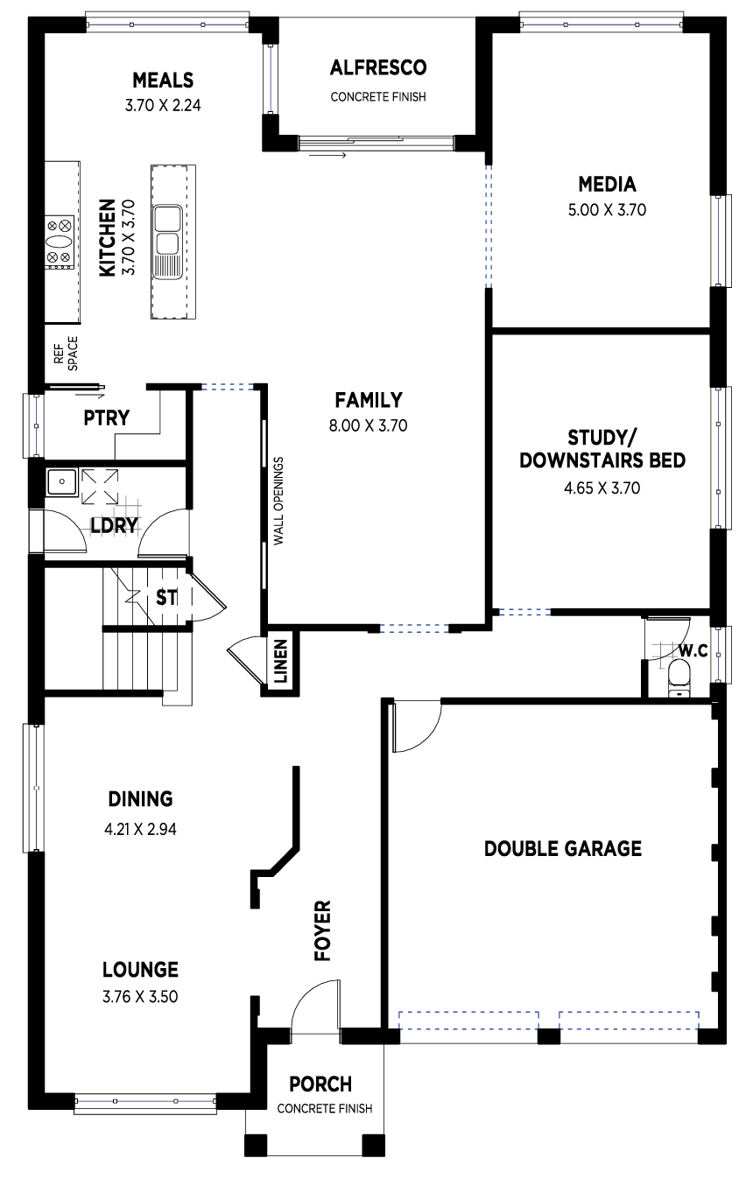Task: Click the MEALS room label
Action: pos(163,81)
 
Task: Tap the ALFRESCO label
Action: pos(378,67)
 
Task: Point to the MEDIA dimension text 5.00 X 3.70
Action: pos(607,210)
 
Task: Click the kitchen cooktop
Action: pos(60,242)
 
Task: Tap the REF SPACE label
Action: pos(66,353)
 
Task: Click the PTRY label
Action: pos(107,418)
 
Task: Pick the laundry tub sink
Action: pos(61,481)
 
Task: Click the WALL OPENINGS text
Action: pos(278,501)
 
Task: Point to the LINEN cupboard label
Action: pos(281,662)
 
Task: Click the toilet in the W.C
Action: pos(679,677)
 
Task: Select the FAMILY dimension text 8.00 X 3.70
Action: pos(369,425)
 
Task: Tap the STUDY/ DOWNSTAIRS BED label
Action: pos(602,449)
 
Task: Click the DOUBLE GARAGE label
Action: pos(563,848)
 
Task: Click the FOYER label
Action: pos(322,930)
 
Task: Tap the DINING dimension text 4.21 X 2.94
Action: pos(140,829)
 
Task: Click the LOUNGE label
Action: pos(140,970)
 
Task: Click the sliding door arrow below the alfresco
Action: pos(327,155)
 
